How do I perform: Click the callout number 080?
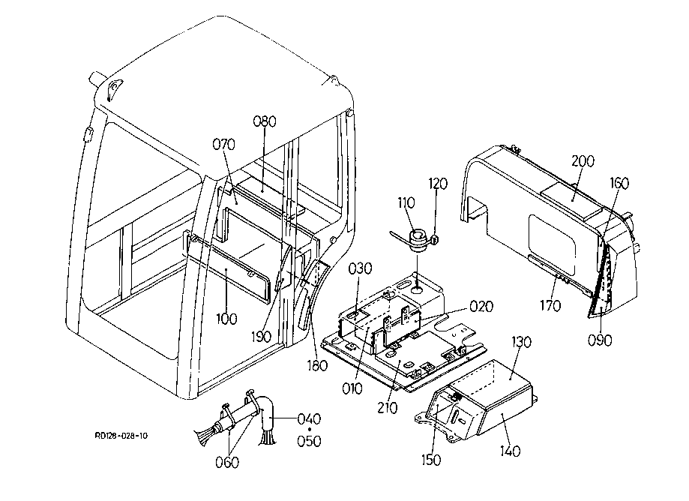coord(265,121)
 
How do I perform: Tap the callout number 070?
coord(224,144)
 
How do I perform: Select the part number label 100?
coord(226,319)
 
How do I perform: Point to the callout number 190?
coord(262,337)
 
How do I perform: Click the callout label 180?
coord(317,365)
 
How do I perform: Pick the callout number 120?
coord(438,183)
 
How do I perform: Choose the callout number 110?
coord(406,202)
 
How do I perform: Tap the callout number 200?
coord(583,160)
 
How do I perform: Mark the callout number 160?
coord(619,183)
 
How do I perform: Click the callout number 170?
coord(550,305)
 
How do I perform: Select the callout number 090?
coord(600,340)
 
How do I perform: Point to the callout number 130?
coord(522,341)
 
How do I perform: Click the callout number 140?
coord(510,451)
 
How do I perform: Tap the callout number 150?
coord(431,460)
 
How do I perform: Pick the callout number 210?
coord(387,408)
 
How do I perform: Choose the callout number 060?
coord(227,462)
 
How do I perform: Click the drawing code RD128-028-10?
coord(121,436)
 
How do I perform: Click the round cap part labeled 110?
coord(417,240)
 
